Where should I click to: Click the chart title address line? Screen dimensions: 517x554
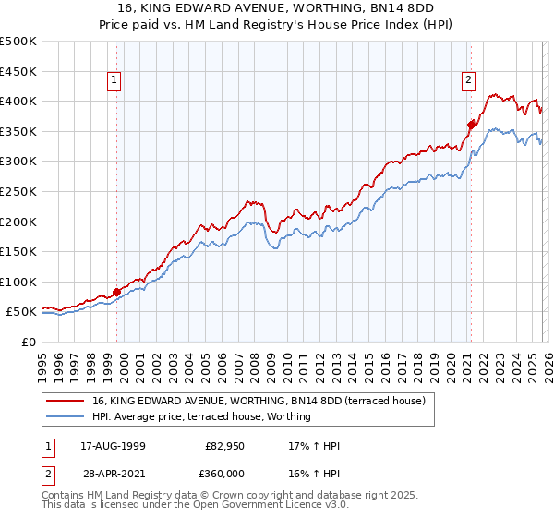(x=276, y=9)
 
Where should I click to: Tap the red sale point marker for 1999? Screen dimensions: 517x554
(x=117, y=292)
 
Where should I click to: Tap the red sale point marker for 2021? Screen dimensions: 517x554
(x=471, y=125)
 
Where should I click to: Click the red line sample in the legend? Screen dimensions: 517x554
(x=66, y=402)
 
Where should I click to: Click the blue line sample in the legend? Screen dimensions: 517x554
(x=66, y=417)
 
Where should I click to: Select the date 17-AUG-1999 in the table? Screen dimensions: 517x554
(x=112, y=446)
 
